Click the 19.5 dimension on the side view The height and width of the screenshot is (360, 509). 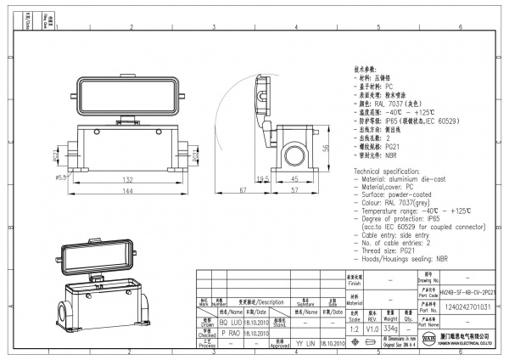263,179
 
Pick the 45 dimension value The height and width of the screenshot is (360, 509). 293,179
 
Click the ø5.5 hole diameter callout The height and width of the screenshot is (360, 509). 60,177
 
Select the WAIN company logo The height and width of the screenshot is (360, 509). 428,340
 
